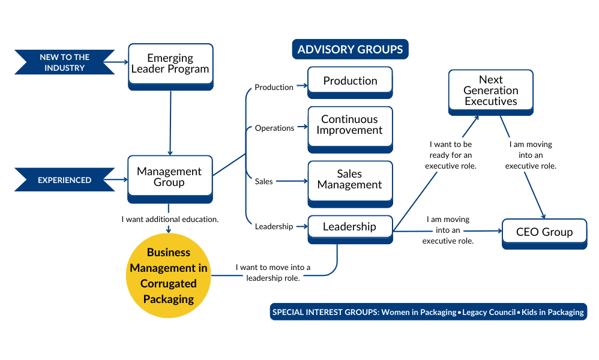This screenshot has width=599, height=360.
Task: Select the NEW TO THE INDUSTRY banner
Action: point(65,62)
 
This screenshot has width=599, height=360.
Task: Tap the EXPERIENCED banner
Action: point(65,180)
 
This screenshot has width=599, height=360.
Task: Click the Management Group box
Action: point(170,177)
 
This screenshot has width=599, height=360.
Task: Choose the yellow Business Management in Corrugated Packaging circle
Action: point(169,275)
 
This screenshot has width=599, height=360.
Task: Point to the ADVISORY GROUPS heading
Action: point(350,49)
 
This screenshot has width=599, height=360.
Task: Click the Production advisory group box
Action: point(350,81)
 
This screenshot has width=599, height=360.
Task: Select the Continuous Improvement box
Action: point(350,125)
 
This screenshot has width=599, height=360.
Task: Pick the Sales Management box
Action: point(350,179)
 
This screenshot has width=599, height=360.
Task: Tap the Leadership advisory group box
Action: point(350,227)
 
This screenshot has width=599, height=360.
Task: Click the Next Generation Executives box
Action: point(490,91)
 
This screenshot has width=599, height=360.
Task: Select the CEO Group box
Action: point(544,232)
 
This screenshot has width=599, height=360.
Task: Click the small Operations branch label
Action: point(274,128)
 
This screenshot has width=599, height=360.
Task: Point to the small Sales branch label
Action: point(264,181)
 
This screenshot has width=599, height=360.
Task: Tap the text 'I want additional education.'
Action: point(170,219)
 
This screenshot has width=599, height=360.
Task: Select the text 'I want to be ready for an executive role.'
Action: point(451,155)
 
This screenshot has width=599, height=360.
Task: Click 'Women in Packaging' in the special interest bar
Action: point(418,312)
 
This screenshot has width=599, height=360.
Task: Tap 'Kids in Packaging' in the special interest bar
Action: point(552,312)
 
